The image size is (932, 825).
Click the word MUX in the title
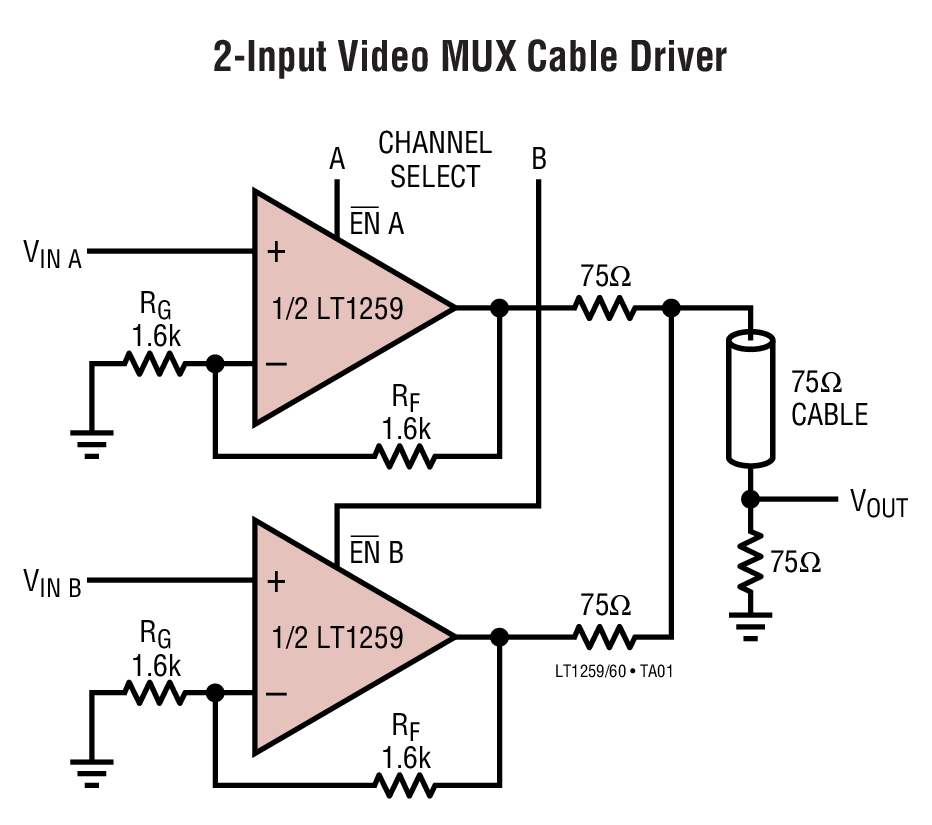tap(468, 57)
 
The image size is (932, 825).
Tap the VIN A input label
tap(53, 254)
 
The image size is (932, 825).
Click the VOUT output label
tap(878, 504)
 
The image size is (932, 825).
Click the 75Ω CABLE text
tap(829, 399)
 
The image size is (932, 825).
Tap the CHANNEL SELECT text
tap(435, 160)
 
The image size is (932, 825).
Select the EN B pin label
tap(376, 552)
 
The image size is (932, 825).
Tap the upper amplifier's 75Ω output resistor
tap(605, 309)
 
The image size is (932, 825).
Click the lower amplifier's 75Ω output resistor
tap(604, 637)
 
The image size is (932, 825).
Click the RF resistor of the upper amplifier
tap(405, 457)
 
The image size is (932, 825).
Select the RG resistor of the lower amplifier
tap(156, 692)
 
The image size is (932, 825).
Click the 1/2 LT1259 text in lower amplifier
tap(337, 636)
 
